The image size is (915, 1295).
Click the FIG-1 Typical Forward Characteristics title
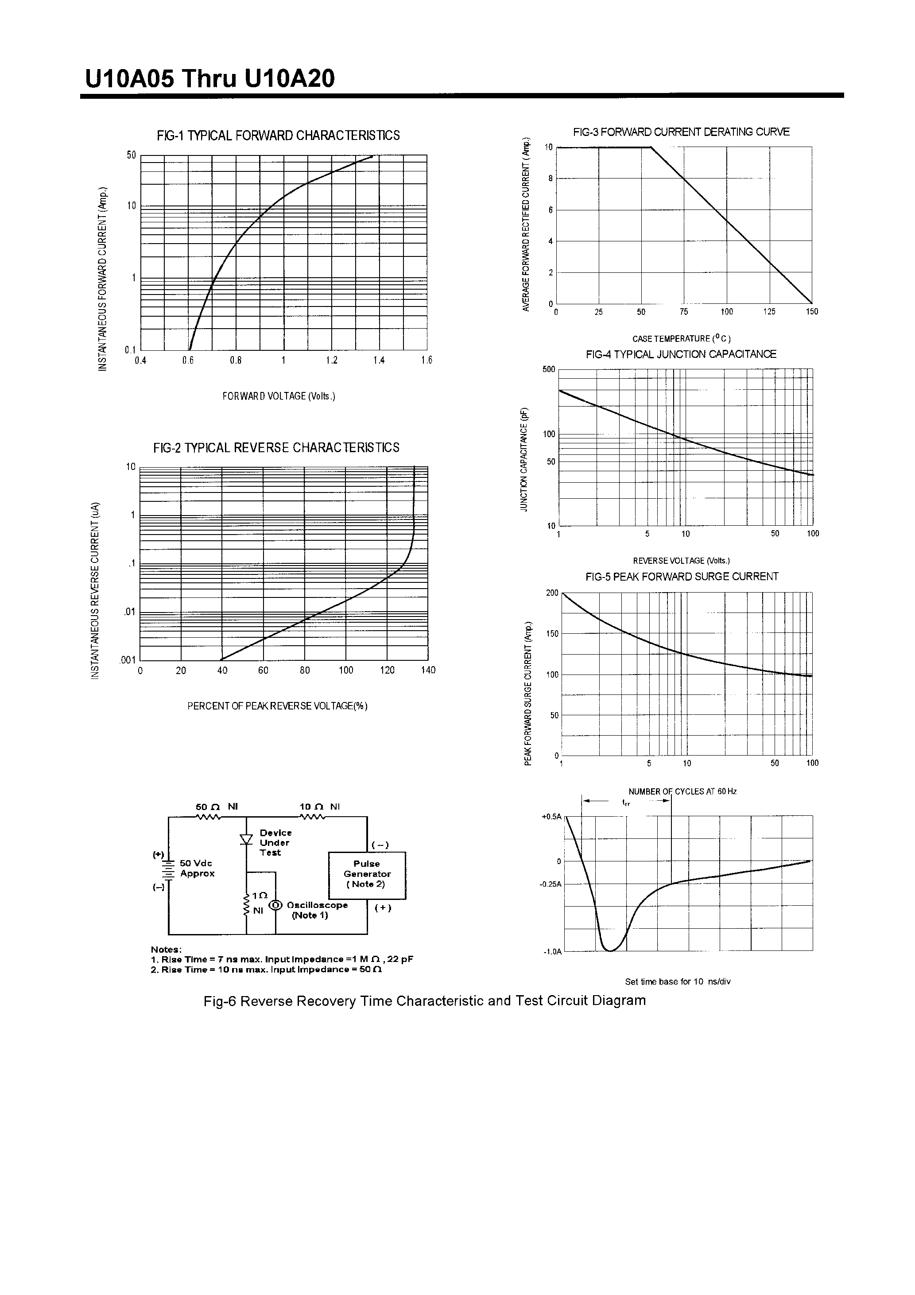[278, 136]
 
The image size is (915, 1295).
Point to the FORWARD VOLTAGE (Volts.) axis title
[279, 396]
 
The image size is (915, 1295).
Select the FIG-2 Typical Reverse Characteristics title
[276, 448]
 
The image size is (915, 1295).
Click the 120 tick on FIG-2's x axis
[387, 671]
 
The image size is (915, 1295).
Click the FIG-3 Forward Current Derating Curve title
[681, 132]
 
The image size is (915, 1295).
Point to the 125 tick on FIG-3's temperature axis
[769, 312]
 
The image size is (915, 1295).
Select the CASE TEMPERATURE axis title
[681, 338]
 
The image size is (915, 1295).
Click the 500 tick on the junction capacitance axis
[549, 370]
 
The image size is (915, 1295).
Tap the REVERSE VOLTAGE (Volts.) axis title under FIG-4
[681, 561]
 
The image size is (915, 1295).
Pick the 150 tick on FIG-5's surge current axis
[552, 634]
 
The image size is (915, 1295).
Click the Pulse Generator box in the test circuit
[367, 875]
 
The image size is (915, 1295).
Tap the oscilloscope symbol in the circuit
[275, 905]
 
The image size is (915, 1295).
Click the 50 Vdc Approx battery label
[197, 869]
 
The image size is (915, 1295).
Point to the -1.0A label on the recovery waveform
[552, 952]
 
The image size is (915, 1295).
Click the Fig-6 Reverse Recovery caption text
[424, 1001]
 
